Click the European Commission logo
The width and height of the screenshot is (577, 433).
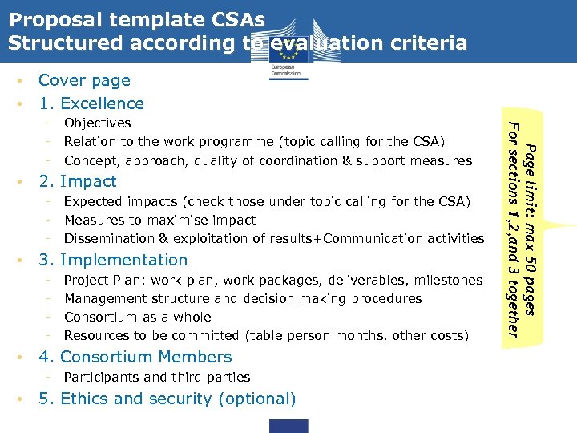[285, 56]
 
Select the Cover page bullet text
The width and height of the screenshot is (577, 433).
[84, 80]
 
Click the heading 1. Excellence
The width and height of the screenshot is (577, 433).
[91, 103]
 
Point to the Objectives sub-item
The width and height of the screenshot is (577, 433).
[97, 123]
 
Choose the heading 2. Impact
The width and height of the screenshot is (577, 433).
[78, 181]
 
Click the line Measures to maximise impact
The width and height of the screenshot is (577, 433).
[159, 220]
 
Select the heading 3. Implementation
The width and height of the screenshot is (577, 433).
[113, 260]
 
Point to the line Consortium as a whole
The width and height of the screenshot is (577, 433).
[137, 317]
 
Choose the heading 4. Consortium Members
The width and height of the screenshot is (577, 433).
[135, 357]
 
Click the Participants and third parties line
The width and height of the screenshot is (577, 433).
[156, 377]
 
